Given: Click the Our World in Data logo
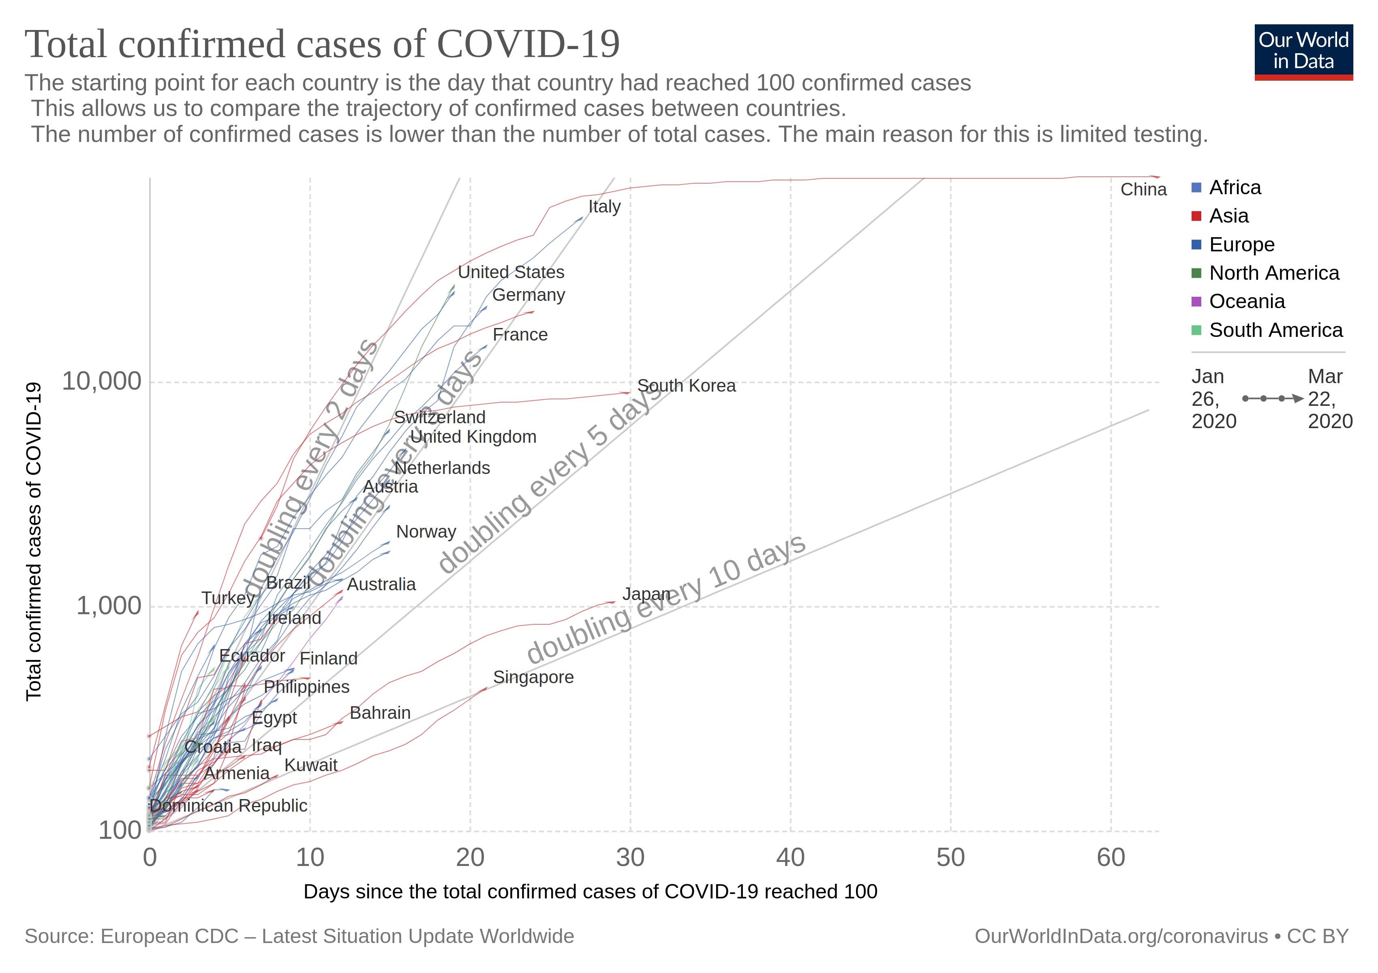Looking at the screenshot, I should [1303, 51].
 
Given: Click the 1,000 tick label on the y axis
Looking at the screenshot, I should [109, 606].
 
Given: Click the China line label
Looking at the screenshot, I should [1143, 190].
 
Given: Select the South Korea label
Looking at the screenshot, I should [686, 386].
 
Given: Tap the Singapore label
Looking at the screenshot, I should [533, 677].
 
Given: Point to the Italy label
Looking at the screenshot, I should [604, 206].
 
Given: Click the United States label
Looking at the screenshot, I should [511, 272].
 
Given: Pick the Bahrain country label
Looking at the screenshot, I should [380, 713].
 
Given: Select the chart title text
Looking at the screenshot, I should [322, 45].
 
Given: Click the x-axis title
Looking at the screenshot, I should [590, 892].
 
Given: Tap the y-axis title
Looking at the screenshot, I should [34, 541].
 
